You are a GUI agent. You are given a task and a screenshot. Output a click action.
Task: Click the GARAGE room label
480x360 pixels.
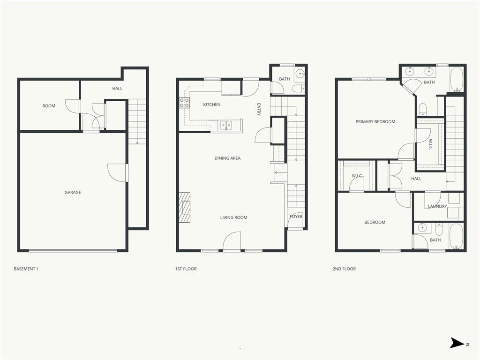(73, 193)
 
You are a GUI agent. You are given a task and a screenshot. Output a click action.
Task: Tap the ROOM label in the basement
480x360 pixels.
(49, 106)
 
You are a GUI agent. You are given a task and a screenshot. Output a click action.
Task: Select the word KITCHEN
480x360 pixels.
(212, 105)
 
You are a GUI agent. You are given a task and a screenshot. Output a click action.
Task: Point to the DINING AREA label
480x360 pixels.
(227, 158)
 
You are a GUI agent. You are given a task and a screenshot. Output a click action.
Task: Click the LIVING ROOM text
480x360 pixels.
(234, 217)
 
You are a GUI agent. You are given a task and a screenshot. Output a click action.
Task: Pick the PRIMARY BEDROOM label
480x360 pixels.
(375, 122)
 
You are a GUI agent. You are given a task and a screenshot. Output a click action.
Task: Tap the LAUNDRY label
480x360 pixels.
(437, 206)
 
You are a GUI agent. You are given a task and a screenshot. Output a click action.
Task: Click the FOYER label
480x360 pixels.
(296, 217)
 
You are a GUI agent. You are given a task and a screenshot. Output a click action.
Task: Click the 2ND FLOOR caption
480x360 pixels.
(344, 269)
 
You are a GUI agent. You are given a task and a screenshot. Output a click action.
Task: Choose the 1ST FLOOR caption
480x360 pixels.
(186, 269)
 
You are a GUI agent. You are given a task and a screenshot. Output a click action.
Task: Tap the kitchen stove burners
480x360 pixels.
(184, 103)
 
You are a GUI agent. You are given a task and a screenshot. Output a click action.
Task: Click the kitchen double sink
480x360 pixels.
(226, 125)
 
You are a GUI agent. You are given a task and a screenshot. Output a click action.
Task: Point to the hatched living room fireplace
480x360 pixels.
(185, 207)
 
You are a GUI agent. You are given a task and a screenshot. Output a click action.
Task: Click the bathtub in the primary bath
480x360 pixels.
(457, 80)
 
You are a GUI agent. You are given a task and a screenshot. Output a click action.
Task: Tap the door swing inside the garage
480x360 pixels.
(117, 172)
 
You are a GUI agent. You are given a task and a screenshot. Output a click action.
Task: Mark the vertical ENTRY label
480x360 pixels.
(259, 109)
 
